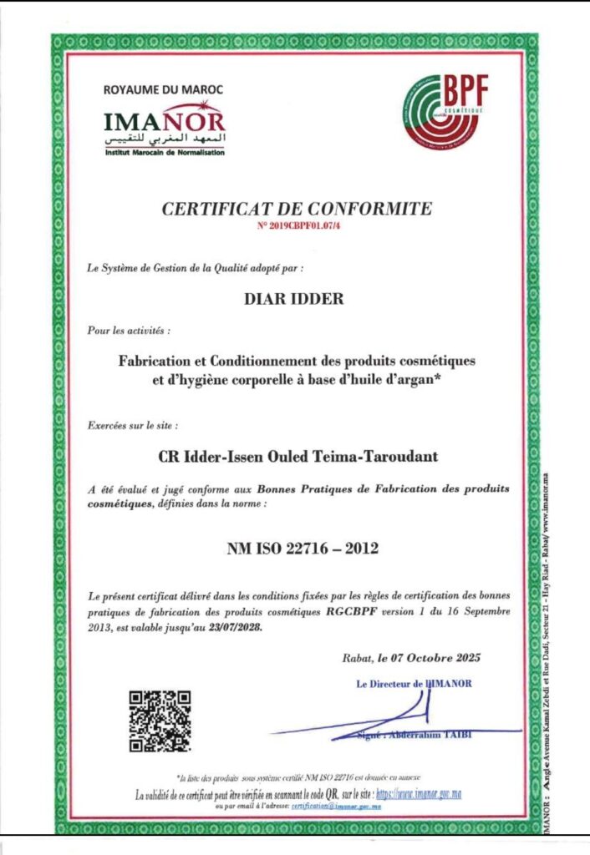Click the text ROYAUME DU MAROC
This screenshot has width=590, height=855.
[x=163, y=89]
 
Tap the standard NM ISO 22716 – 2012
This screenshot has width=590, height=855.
[x=303, y=549]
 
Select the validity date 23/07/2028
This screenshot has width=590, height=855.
[x=236, y=627]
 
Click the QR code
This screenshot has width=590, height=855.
[x=160, y=721]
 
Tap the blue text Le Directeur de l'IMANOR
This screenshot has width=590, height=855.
[x=415, y=683]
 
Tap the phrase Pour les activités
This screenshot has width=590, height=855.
[x=128, y=331]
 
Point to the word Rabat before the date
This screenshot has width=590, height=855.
[x=357, y=657]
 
